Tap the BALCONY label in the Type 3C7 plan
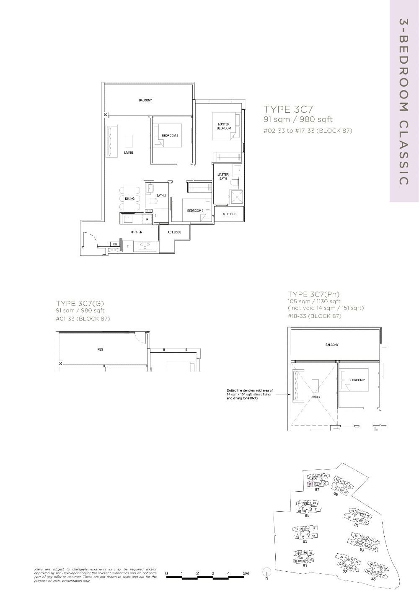coord(145,101)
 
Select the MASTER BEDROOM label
coord(224,126)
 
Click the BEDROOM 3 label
coord(195,211)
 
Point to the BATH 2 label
coord(161,196)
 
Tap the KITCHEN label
coord(136,232)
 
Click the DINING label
coord(130,199)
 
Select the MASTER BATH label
coord(223,176)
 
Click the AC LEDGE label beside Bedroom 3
coord(229,214)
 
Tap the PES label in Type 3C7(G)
coord(100,349)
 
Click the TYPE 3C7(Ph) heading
coord(313,294)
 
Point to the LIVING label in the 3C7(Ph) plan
coord(315,397)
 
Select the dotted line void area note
coord(249,395)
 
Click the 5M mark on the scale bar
coord(245,573)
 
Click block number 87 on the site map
coord(317,490)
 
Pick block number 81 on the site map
coord(305,565)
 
